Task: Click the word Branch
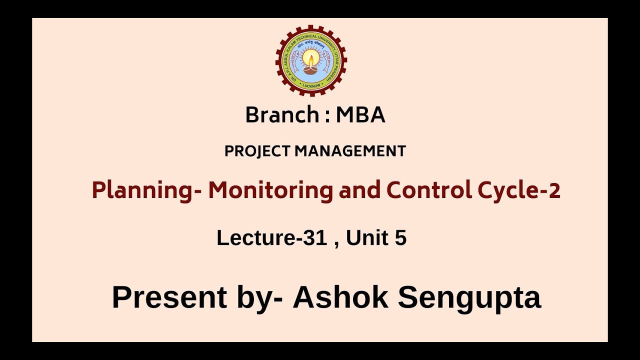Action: click(281, 115)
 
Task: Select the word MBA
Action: click(360, 115)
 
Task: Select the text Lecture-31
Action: click(271, 238)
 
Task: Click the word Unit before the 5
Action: click(367, 238)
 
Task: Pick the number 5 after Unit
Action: click(400, 238)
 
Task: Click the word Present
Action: click(169, 297)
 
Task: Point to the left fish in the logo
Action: click(295, 61)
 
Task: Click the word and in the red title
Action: click(356, 190)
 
